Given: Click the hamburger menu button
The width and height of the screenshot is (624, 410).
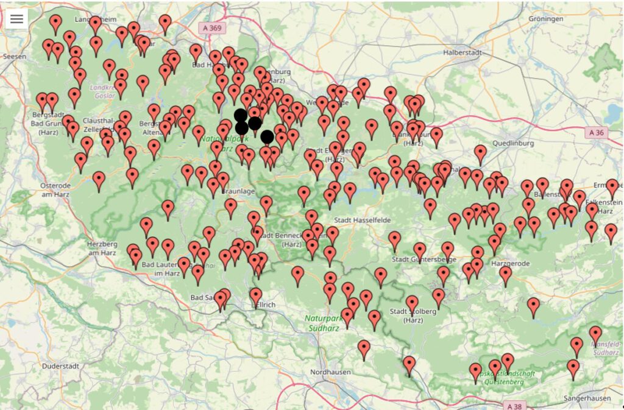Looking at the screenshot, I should [x=16, y=19].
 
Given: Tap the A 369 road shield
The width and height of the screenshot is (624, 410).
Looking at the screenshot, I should [x=211, y=28].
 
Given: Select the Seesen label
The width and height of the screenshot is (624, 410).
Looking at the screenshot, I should [x=15, y=55].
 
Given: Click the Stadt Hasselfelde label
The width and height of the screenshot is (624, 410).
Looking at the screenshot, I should [x=362, y=219].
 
